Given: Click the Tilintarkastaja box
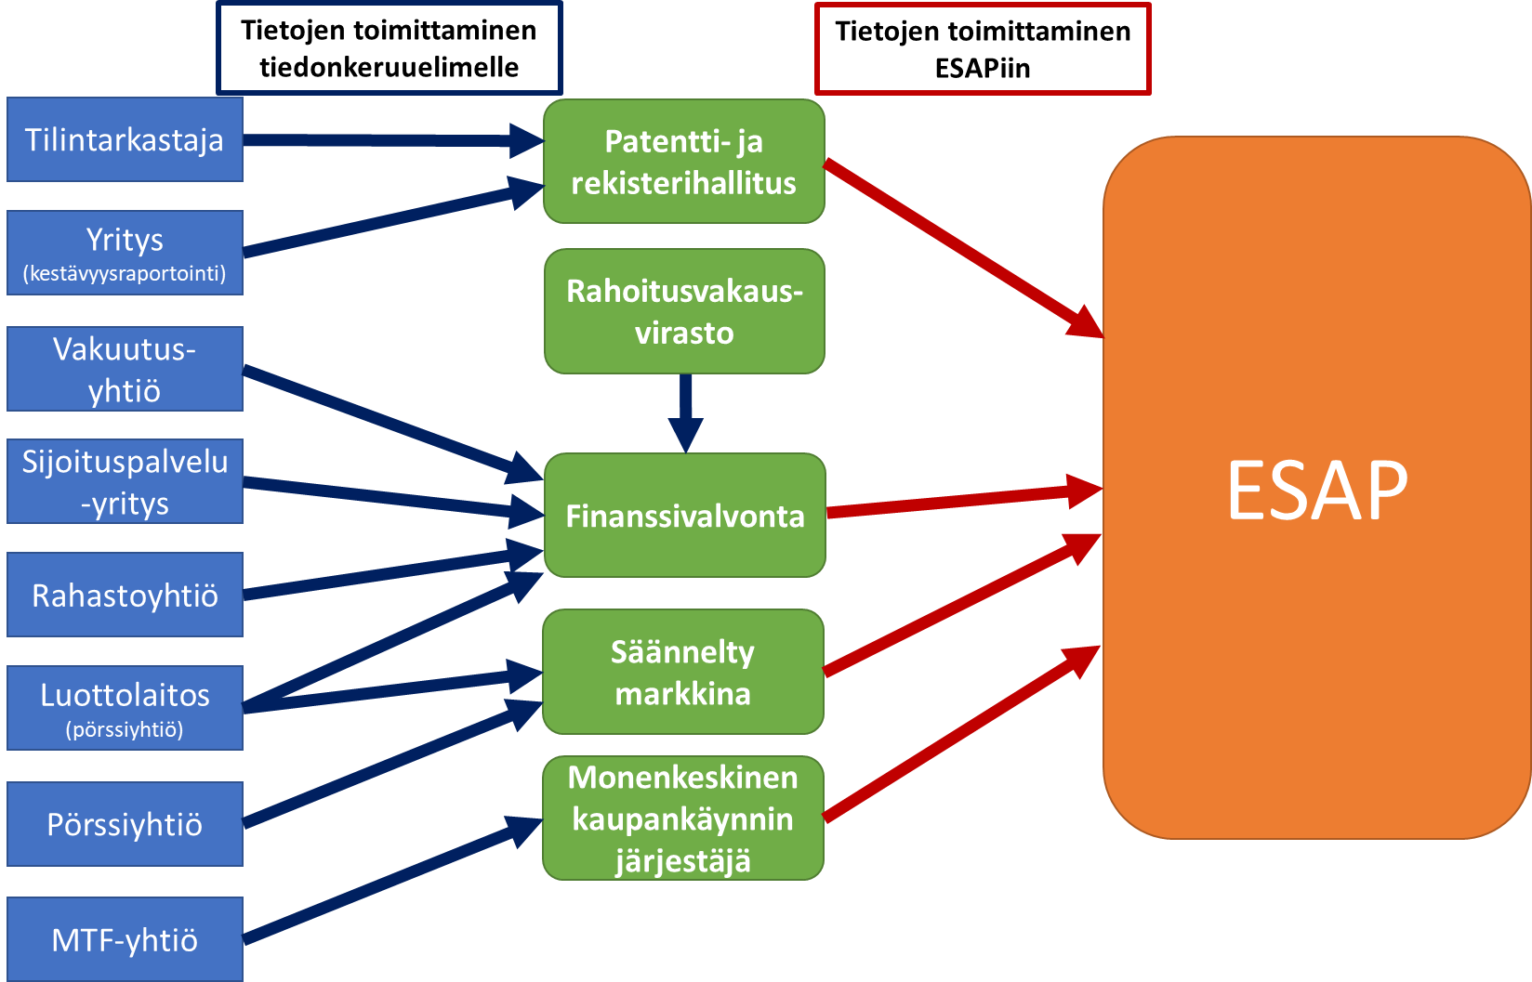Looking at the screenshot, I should tap(125, 139).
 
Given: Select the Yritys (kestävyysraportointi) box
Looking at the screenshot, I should tap(125, 253).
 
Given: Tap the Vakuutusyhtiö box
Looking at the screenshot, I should tap(125, 369).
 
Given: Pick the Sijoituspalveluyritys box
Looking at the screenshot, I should tap(125, 481).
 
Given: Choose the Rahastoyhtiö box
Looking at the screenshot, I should tap(125, 595).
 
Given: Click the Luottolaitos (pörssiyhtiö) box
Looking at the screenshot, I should tap(125, 708).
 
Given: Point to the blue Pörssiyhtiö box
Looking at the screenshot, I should tap(125, 824).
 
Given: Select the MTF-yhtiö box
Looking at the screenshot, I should tap(125, 938).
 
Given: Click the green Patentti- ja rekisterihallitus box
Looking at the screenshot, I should tap(683, 162).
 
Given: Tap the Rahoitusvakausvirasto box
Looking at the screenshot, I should tap(683, 311).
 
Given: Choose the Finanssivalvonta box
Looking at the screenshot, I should tap(684, 516).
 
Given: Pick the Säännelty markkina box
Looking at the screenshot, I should tap(682, 672).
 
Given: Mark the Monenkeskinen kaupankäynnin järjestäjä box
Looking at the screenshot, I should tap(682, 818).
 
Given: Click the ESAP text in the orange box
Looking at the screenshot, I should tap(1316, 490).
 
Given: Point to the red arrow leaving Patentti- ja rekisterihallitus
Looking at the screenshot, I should tap(957, 246).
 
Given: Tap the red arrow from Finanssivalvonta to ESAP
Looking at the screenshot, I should tap(957, 502).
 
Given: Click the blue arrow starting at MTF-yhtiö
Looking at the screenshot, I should tap(381, 883).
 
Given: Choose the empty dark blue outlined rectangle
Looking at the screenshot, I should tap(389, 48).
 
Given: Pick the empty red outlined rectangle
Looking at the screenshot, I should tap(983, 49).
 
